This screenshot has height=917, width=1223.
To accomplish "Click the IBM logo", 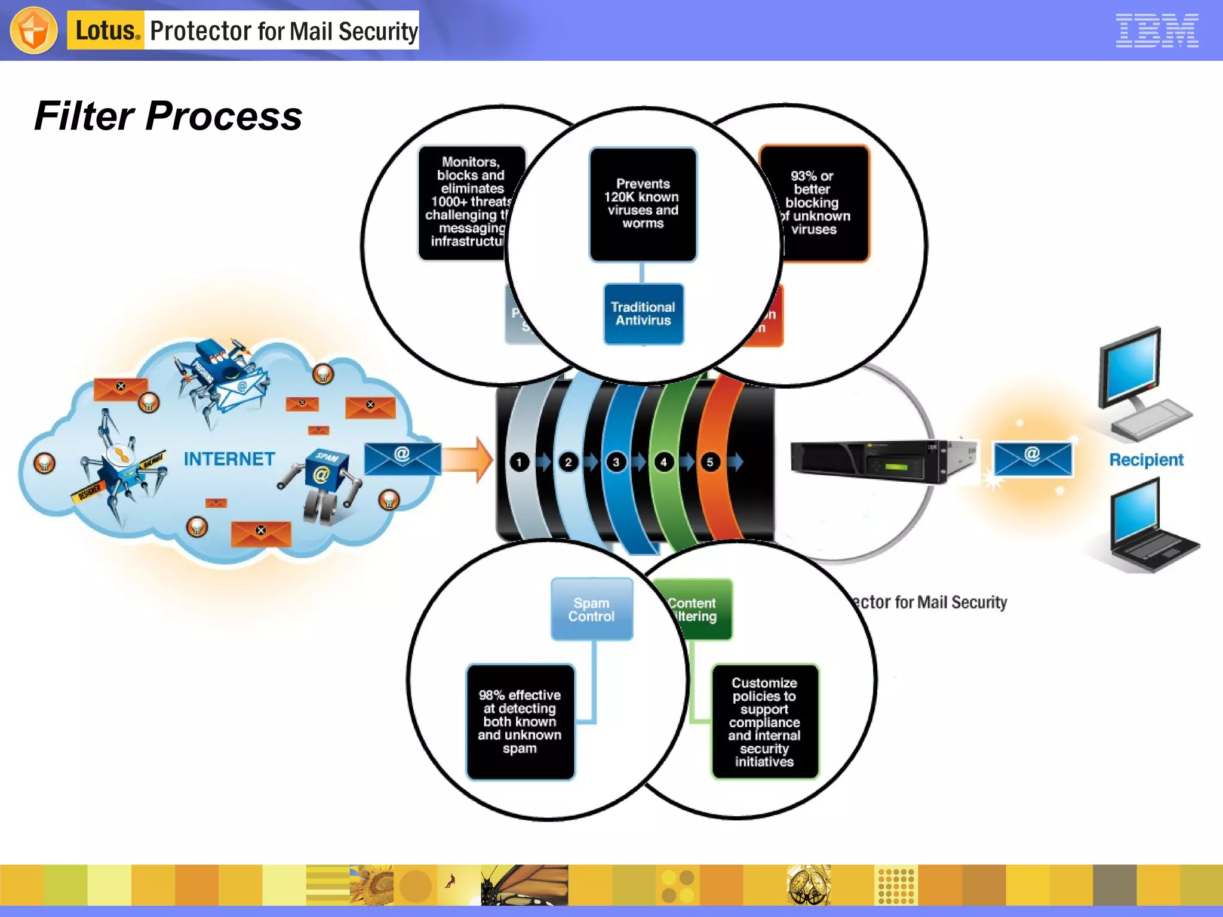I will click(x=1157, y=30).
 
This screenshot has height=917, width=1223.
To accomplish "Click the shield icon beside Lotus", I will click(x=34, y=30).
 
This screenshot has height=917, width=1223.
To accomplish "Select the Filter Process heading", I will click(x=168, y=116).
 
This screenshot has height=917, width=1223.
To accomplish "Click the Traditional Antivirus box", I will click(x=643, y=314).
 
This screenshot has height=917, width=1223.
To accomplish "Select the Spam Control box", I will click(x=591, y=610).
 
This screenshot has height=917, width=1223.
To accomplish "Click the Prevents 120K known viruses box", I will click(x=643, y=204).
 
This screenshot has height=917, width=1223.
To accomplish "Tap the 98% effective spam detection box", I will click(x=520, y=722).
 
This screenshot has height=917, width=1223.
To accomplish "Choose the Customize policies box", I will click(x=764, y=722).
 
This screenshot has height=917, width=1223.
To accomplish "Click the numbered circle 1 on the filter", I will click(x=520, y=462).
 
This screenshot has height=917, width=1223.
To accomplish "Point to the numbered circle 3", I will click(x=616, y=462).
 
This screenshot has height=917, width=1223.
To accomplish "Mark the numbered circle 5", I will click(x=709, y=462).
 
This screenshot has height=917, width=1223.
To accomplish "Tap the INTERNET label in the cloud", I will click(x=229, y=459).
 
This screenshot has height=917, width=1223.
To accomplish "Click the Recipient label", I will click(x=1146, y=460).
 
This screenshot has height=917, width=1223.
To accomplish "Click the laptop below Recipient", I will click(x=1147, y=525).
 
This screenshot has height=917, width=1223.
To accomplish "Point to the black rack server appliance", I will click(x=878, y=461).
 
